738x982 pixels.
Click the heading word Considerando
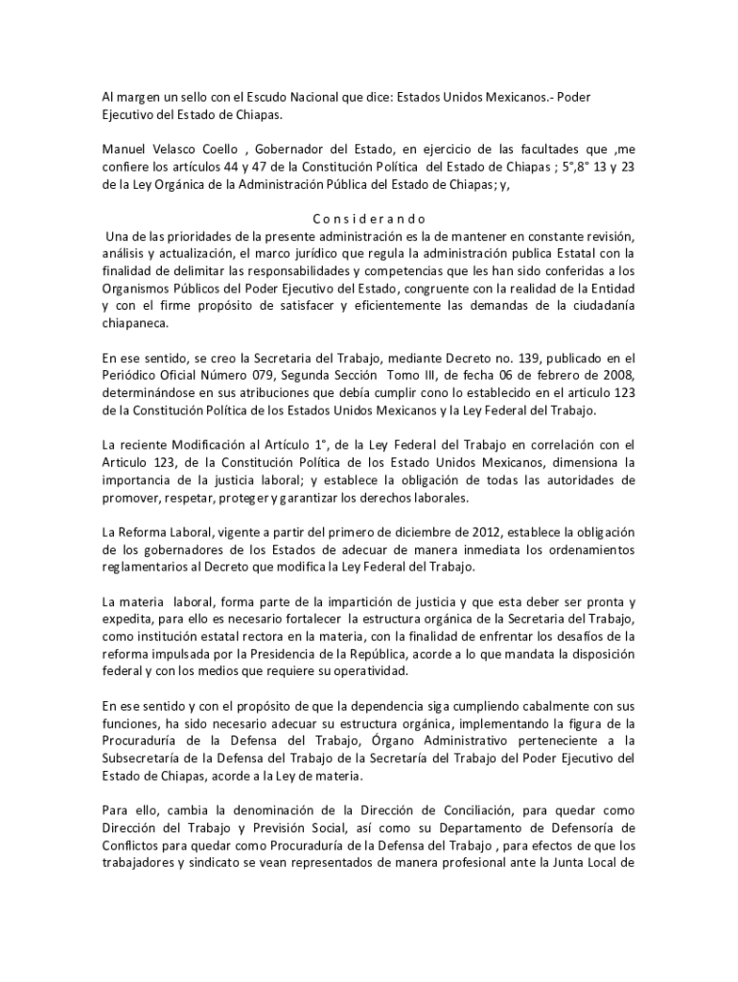click(369, 219)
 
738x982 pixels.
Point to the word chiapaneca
click(135, 324)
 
